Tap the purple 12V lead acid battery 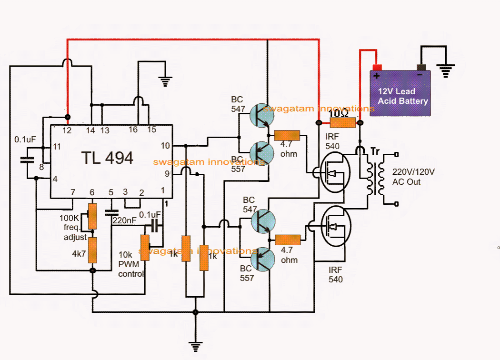tap(400, 93)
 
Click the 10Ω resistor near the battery tap(343, 123)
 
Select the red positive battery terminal tap(377, 68)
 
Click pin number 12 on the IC tap(68, 130)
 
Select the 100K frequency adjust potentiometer tap(92, 216)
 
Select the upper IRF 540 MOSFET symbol tap(334, 171)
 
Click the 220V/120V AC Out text tap(413, 177)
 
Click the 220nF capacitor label tap(124, 220)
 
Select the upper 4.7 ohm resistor tap(286, 136)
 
